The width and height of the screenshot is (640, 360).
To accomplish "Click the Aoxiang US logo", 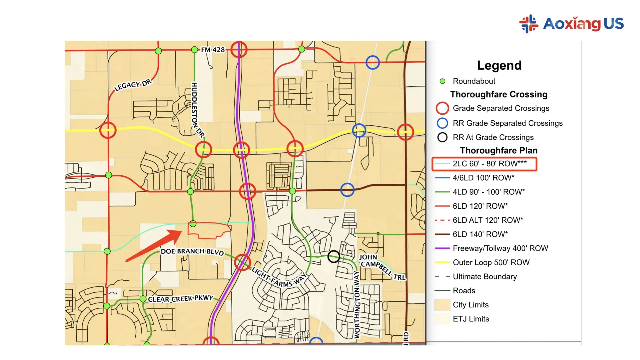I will click(x=571, y=24).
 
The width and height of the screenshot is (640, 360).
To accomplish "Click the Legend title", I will click(x=499, y=65).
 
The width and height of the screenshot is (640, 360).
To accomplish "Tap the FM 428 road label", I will click(x=213, y=50).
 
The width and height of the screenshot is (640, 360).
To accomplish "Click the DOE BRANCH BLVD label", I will click(x=192, y=252).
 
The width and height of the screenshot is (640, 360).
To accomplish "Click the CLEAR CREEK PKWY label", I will click(x=180, y=298).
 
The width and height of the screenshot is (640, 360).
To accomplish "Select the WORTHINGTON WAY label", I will click(x=357, y=304).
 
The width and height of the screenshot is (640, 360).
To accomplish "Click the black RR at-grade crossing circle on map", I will click(x=334, y=256).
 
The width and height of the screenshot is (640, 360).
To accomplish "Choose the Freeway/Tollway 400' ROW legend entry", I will click(x=500, y=248).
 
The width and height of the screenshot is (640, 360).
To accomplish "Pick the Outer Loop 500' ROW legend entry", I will click(x=491, y=263).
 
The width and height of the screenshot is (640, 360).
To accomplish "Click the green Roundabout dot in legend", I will click(x=442, y=81).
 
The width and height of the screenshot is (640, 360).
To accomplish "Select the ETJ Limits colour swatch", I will click(x=442, y=319).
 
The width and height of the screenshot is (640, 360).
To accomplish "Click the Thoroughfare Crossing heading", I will click(x=499, y=95).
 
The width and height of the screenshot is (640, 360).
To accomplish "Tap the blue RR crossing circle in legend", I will click(x=442, y=123).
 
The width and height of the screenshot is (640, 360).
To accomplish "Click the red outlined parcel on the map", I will click(x=209, y=230).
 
